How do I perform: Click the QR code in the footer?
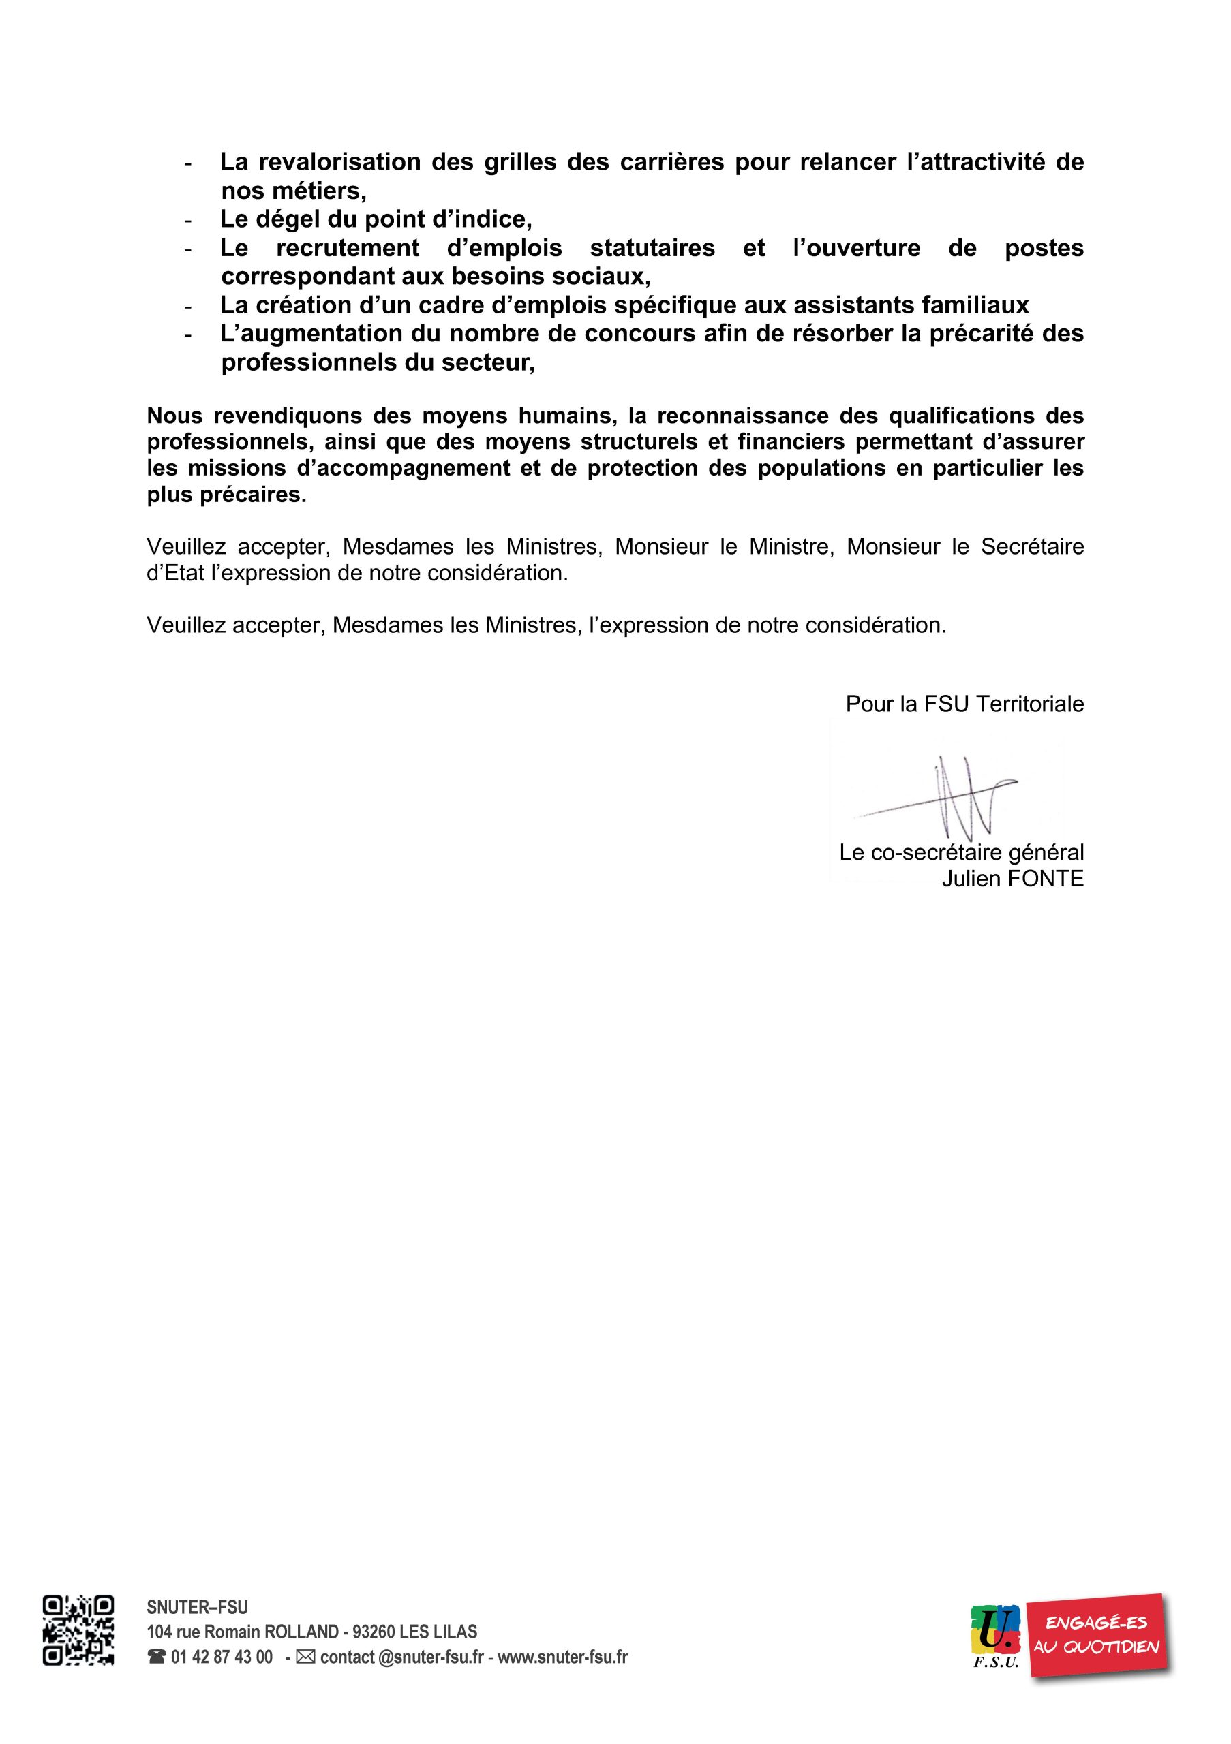(78, 1639)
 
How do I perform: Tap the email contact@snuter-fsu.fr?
(401, 1657)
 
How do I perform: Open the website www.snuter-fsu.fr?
(562, 1657)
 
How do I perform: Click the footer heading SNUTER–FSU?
(197, 1606)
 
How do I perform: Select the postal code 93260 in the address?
(375, 1632)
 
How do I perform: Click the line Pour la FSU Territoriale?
(964, 704)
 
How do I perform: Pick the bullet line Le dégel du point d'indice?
(376, 219)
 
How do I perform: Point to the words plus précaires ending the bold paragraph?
(226, 495)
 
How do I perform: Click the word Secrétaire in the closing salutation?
(1032, 547)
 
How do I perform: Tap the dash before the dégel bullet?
(187, 220)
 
